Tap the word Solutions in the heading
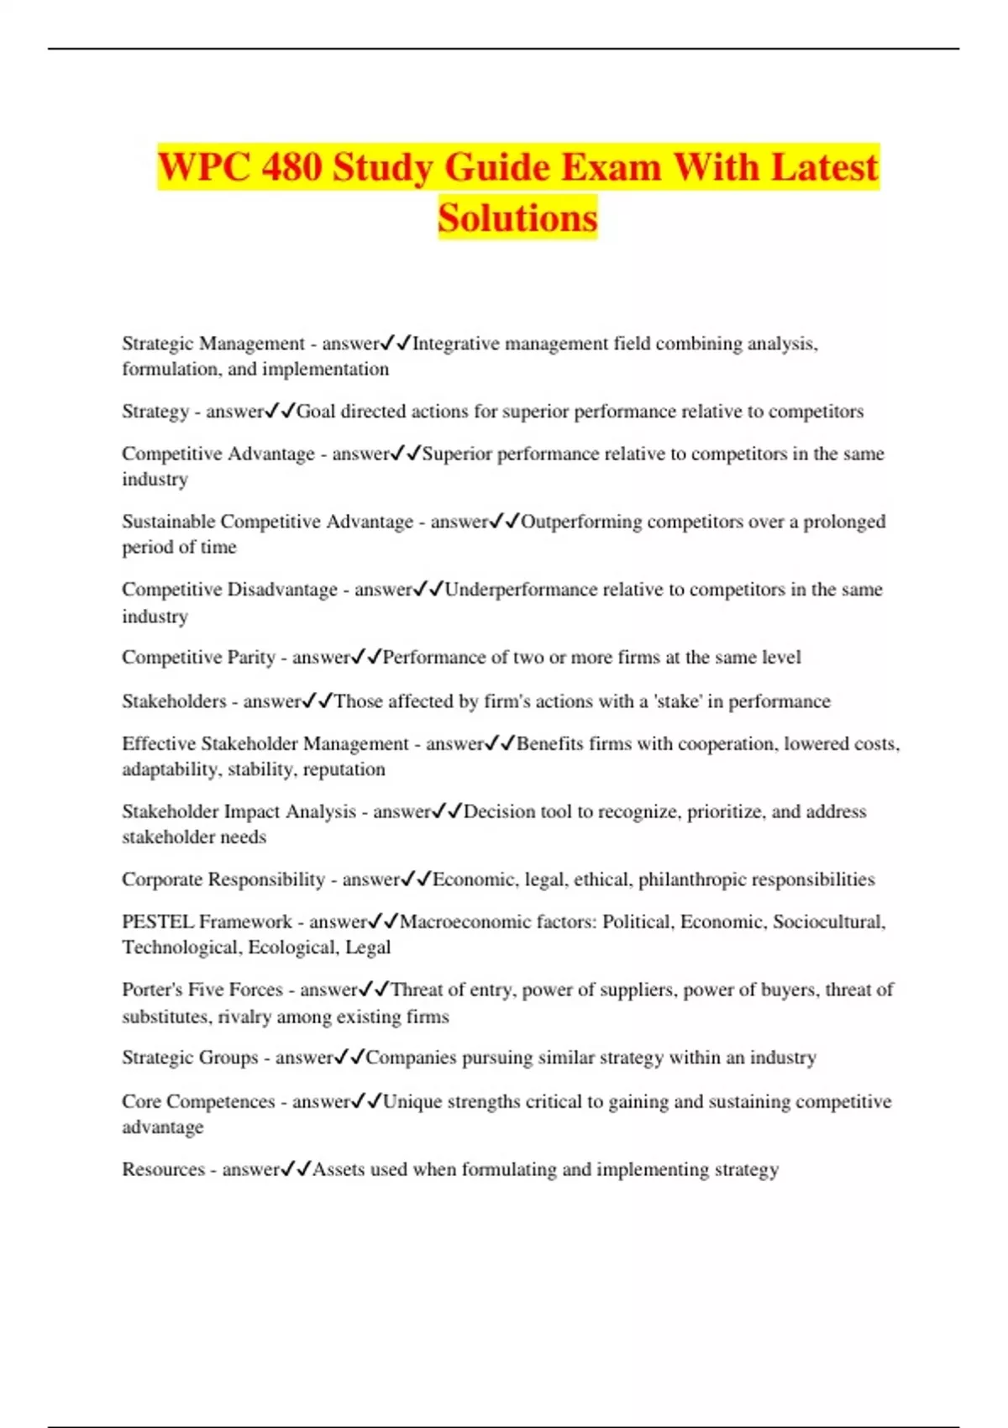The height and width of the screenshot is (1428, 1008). [517, 218]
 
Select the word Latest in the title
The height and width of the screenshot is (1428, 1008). [824, 166]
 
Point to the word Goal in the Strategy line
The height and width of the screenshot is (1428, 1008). [316, 412]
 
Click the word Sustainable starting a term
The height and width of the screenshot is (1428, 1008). [168, 522]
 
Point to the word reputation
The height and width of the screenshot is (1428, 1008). [344, 769]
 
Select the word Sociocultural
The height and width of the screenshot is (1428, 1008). [828, 921]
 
